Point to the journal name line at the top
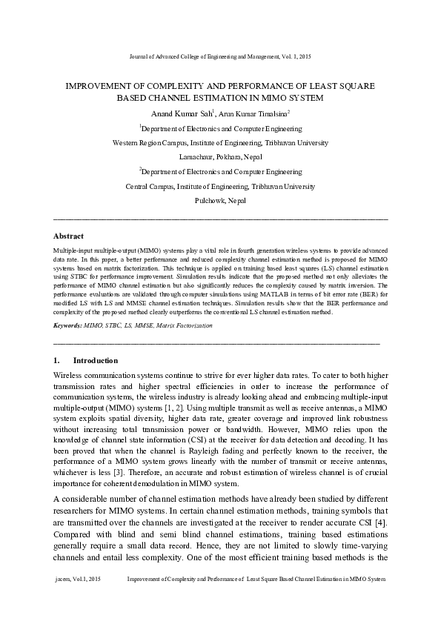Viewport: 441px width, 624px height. point(220,56)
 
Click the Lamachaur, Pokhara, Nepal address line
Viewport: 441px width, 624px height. point(220,157)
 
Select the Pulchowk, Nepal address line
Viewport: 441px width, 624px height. point(220,201)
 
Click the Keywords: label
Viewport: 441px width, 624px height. point(69,325)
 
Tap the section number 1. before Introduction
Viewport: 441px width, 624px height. point(59,360)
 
